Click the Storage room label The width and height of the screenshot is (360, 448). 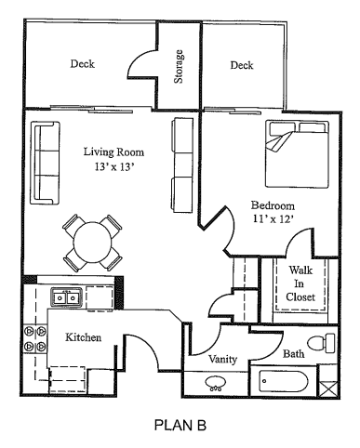point(179,67)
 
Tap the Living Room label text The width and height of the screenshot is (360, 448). point(113,152)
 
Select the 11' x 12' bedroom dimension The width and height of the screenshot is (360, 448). point(273,218)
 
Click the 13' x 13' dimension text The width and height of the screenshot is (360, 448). point(114,167)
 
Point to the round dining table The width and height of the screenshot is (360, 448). point(92,242)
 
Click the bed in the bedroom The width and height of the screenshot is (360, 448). point(297,154)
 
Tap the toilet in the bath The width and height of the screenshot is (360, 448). point(321,343)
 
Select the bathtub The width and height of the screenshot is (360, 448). point(284,381)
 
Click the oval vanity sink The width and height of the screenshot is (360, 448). point(215,382)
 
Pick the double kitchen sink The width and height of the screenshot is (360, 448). point(67,297)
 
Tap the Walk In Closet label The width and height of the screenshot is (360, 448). point(300,283)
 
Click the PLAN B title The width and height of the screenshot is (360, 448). point(180,425)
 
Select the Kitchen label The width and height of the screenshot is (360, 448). point(83,337)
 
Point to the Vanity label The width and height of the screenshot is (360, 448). point(222,359)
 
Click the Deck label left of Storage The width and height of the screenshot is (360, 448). point(82,64)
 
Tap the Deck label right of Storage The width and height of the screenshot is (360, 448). point(242,65)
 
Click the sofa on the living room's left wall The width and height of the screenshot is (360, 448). point(45,163)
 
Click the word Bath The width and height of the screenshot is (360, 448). point(293,353)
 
